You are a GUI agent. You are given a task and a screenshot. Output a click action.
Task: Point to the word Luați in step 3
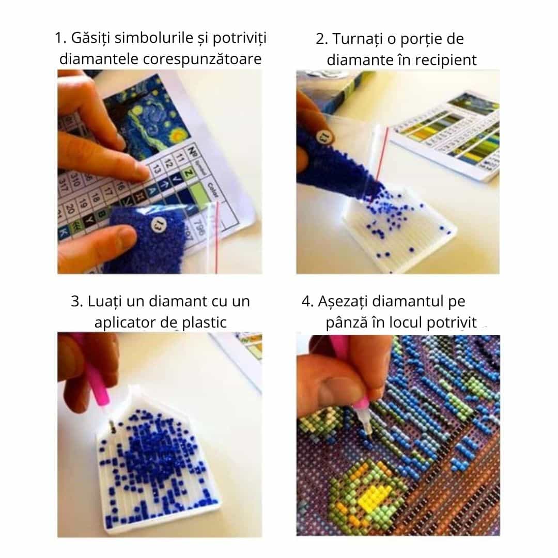[x=105, y=302]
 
